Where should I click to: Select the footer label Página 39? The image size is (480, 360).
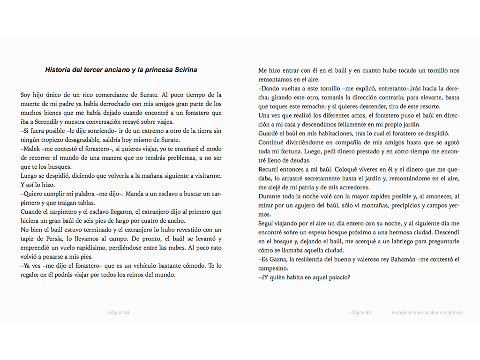(119, 313)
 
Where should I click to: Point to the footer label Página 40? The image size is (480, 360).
(360, 313)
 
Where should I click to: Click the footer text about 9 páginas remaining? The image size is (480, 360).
(427, 313)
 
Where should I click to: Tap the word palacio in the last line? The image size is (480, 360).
(339, 277)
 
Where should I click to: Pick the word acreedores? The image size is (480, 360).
(350, 187)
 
